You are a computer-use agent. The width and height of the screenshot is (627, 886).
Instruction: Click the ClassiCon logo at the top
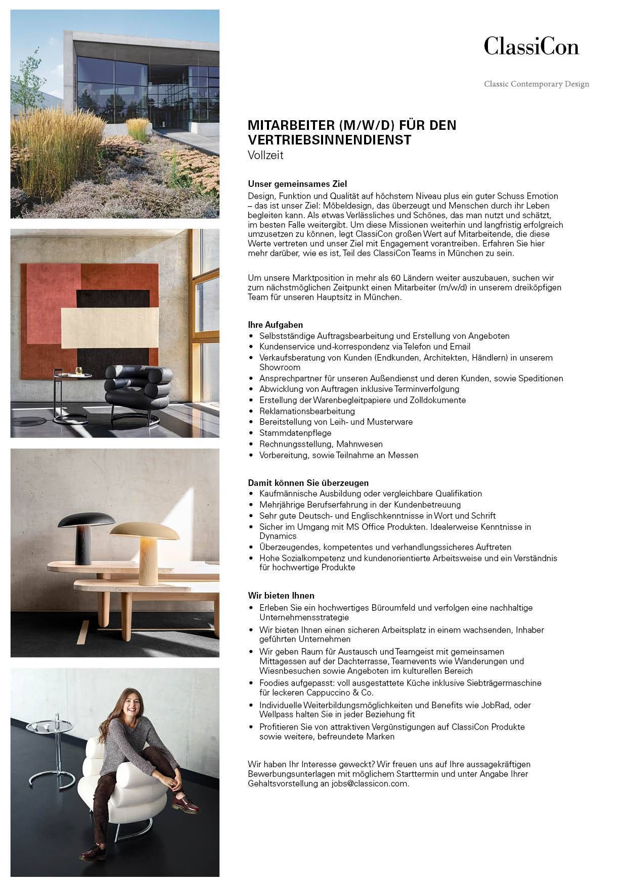(x=531, y=46)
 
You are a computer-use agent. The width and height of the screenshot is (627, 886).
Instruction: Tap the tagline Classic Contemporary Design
(x=536, y=84)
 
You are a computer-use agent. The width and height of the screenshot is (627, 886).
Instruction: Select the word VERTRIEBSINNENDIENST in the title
(x=329, y=140)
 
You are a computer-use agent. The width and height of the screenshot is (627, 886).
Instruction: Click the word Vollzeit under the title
(x=265, y=156)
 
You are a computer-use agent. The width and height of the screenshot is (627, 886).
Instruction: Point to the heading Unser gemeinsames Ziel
(x=297, y=184)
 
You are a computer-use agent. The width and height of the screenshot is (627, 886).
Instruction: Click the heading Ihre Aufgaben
(x=275, y=325)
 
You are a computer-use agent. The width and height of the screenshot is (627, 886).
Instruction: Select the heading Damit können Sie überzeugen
(x=308, y=483)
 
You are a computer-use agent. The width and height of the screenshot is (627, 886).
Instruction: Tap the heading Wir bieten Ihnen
(x=281, y=596)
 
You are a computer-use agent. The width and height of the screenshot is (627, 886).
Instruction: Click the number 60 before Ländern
(x=396, y=278)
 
